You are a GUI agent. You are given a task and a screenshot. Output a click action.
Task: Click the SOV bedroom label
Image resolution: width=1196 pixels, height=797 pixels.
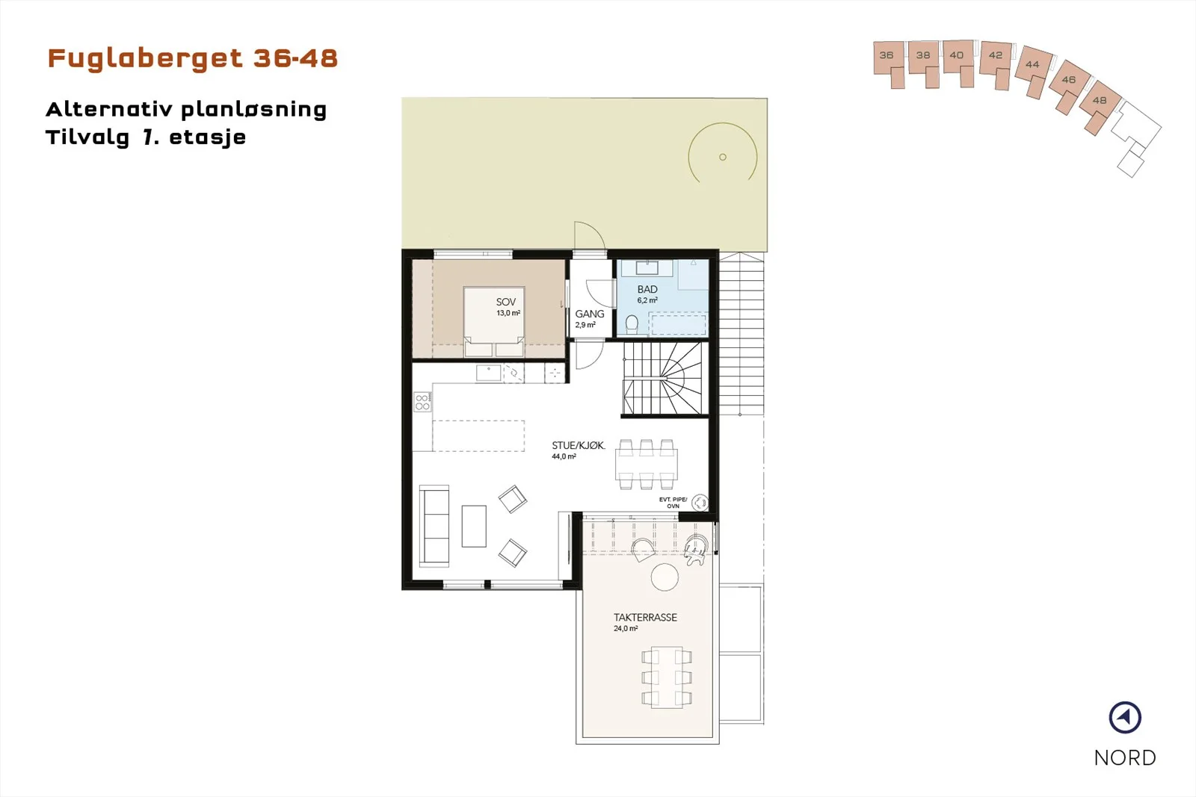pos(505,302)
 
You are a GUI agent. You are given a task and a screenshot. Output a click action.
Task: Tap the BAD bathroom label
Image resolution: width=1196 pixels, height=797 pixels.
pos(647,289)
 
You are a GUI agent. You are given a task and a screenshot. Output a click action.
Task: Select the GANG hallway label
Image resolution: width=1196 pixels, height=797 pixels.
pos(590,314)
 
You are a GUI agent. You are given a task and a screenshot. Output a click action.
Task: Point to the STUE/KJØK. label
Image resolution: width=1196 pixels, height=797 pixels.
pos(579,445)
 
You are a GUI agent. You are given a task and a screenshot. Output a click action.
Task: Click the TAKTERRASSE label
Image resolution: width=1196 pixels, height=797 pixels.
pos(645,617)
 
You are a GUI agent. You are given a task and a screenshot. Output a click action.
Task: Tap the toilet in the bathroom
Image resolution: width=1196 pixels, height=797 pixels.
pos(632,324)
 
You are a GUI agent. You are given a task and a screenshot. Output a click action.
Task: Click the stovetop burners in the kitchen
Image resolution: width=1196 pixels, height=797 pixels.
pos(422,402)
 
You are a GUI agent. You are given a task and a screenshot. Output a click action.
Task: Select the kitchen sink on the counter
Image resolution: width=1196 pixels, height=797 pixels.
pos(488,373)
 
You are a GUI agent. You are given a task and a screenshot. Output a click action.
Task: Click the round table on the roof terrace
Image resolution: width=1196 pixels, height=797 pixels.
pos(665,577)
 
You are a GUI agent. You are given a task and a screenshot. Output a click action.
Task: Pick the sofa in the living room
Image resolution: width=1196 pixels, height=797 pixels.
pos(434,525)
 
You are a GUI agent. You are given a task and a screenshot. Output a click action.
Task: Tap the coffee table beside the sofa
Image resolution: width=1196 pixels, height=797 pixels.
pos(474,526)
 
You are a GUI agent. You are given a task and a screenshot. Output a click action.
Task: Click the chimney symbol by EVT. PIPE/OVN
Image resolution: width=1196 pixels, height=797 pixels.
pos(700,502)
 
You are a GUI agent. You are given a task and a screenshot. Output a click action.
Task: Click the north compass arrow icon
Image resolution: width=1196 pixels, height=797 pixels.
pos(1125,718)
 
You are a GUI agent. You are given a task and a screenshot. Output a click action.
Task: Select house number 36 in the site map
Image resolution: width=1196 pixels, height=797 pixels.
pos(887,55)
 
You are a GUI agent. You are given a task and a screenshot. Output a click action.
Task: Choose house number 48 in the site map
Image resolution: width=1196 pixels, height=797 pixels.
pos(1100,100)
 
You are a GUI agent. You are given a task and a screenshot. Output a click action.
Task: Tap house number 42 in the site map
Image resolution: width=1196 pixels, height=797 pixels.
pos(995,55)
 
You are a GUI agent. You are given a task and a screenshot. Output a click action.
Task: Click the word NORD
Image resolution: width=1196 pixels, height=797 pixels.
pos(1125,757)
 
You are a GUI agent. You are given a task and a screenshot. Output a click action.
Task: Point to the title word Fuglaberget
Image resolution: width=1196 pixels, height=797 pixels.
pos(145,58)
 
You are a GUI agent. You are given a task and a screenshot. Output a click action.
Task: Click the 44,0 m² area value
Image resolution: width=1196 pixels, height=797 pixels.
pos(564,456)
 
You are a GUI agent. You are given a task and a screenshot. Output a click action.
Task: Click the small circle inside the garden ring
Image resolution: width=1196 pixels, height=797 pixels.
pos(722,157)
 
